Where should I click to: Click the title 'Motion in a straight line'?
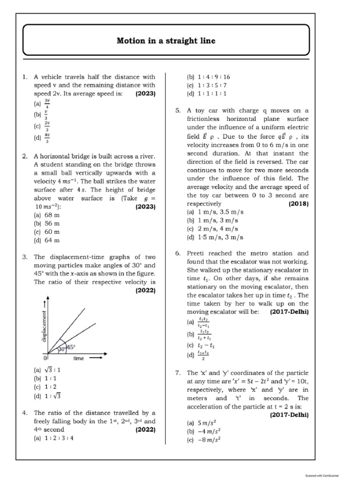point(166,41)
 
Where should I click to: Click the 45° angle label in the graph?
point(71,347)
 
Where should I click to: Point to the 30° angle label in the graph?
point(61,349)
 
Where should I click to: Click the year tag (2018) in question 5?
point(299,204)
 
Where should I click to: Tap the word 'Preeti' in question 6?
point(196,253)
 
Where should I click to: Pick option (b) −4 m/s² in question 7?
point(204,431)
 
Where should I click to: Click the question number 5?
point(178,111)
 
